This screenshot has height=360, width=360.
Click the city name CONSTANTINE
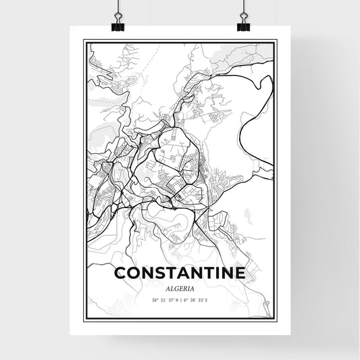tap(180, 273)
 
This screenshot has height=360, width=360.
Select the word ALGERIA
tap(180, 286)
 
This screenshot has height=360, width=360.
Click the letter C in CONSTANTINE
tap(120, 273)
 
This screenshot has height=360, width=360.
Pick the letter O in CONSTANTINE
tap(134, 273)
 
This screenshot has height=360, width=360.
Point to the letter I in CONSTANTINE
tap(213, 273)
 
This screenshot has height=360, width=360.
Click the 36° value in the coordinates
tap(155, 299)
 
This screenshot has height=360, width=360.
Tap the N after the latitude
tap(177, 299)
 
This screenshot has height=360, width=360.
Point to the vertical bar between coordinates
tap(182, 299)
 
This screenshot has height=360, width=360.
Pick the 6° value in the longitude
tap(186, 299)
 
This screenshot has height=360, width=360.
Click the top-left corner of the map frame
tap(84, 41)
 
